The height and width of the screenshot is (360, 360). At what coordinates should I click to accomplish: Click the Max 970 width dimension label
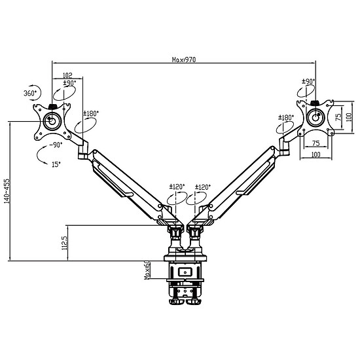pos(184,60)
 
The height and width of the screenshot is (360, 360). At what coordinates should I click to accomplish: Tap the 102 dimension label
pos(67,75)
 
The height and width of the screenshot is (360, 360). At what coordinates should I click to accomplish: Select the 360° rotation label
pos(30,93)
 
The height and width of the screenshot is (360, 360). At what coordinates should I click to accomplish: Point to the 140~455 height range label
pos(7,191)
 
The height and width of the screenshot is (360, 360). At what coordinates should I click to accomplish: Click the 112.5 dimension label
pos(64,243)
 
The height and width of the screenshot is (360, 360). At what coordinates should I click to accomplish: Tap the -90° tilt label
pos(56,145)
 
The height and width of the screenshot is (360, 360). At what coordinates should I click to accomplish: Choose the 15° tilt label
pos(56,164)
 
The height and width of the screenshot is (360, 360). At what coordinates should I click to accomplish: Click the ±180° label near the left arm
pos(91,113)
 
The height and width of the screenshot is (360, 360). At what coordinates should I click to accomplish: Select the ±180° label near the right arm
pos(286,118)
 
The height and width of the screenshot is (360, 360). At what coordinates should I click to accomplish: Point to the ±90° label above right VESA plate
pos(308,81)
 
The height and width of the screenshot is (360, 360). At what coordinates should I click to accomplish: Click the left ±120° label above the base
pos(177,187)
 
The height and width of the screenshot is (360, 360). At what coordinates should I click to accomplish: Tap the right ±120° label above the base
pos(203,187)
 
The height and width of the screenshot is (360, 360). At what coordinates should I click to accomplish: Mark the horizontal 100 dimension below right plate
pos(316,154)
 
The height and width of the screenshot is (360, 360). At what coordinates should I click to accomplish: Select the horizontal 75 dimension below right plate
pos(316,143)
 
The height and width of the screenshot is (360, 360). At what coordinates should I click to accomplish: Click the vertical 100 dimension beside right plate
pos(349,117)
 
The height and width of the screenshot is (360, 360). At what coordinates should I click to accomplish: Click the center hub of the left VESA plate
pos(52,121)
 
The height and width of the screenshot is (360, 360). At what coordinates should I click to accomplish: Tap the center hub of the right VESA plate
pos(315,118)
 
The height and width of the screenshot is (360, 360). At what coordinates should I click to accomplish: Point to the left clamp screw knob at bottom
pos(176,302)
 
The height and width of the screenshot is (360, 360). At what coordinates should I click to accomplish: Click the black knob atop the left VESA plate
pos(53,107)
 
